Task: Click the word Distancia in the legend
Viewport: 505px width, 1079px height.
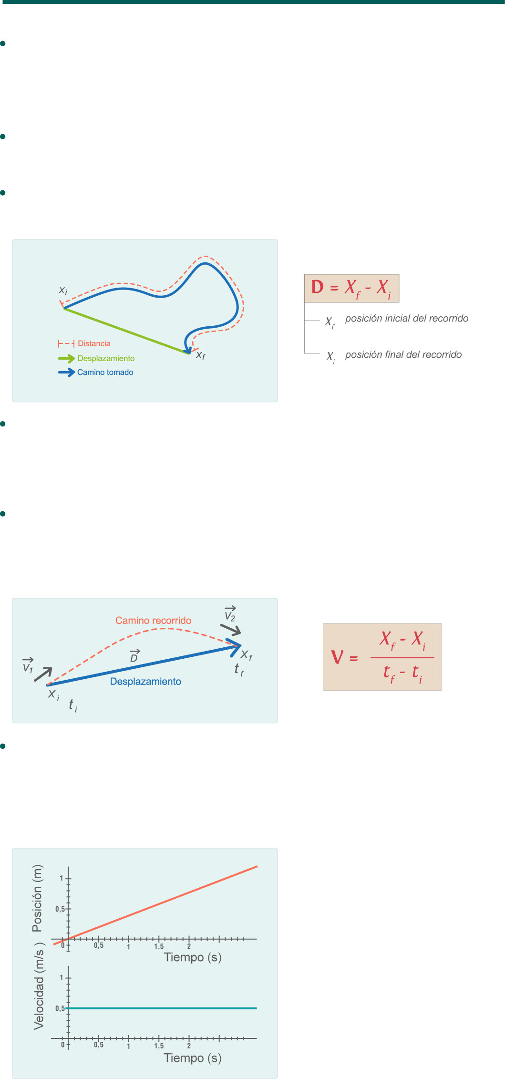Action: tap(94, 343)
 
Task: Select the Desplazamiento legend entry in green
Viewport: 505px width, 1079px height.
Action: tap(106, 358)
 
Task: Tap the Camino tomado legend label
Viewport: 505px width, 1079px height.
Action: tap(105, 372)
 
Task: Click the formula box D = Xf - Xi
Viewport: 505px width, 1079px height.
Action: tap(351, 288)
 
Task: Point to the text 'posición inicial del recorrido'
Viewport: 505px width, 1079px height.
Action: tap(406, 318)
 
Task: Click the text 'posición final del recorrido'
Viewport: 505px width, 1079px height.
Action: tap(403, 354)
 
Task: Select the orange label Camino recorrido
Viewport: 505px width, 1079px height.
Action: tap(153, 620)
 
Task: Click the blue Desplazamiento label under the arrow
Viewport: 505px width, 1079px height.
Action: tap(145, 681)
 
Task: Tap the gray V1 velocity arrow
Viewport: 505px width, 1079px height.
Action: tap(43, 674)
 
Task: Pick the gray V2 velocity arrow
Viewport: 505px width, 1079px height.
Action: tap(231, 629)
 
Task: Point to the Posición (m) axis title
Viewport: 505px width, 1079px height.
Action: tap(37, 898)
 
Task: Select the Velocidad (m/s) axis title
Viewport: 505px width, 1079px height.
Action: tap(39, 986)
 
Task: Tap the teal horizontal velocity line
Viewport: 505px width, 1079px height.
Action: tap(162, 1008)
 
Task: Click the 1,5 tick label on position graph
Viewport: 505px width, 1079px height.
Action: tap(159, 946)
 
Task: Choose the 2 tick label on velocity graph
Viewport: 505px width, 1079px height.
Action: tap(189, 1045)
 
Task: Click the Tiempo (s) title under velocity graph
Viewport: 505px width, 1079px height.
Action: tap(193, 1058)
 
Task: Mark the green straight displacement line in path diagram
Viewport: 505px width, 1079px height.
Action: tap(126, 331)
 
